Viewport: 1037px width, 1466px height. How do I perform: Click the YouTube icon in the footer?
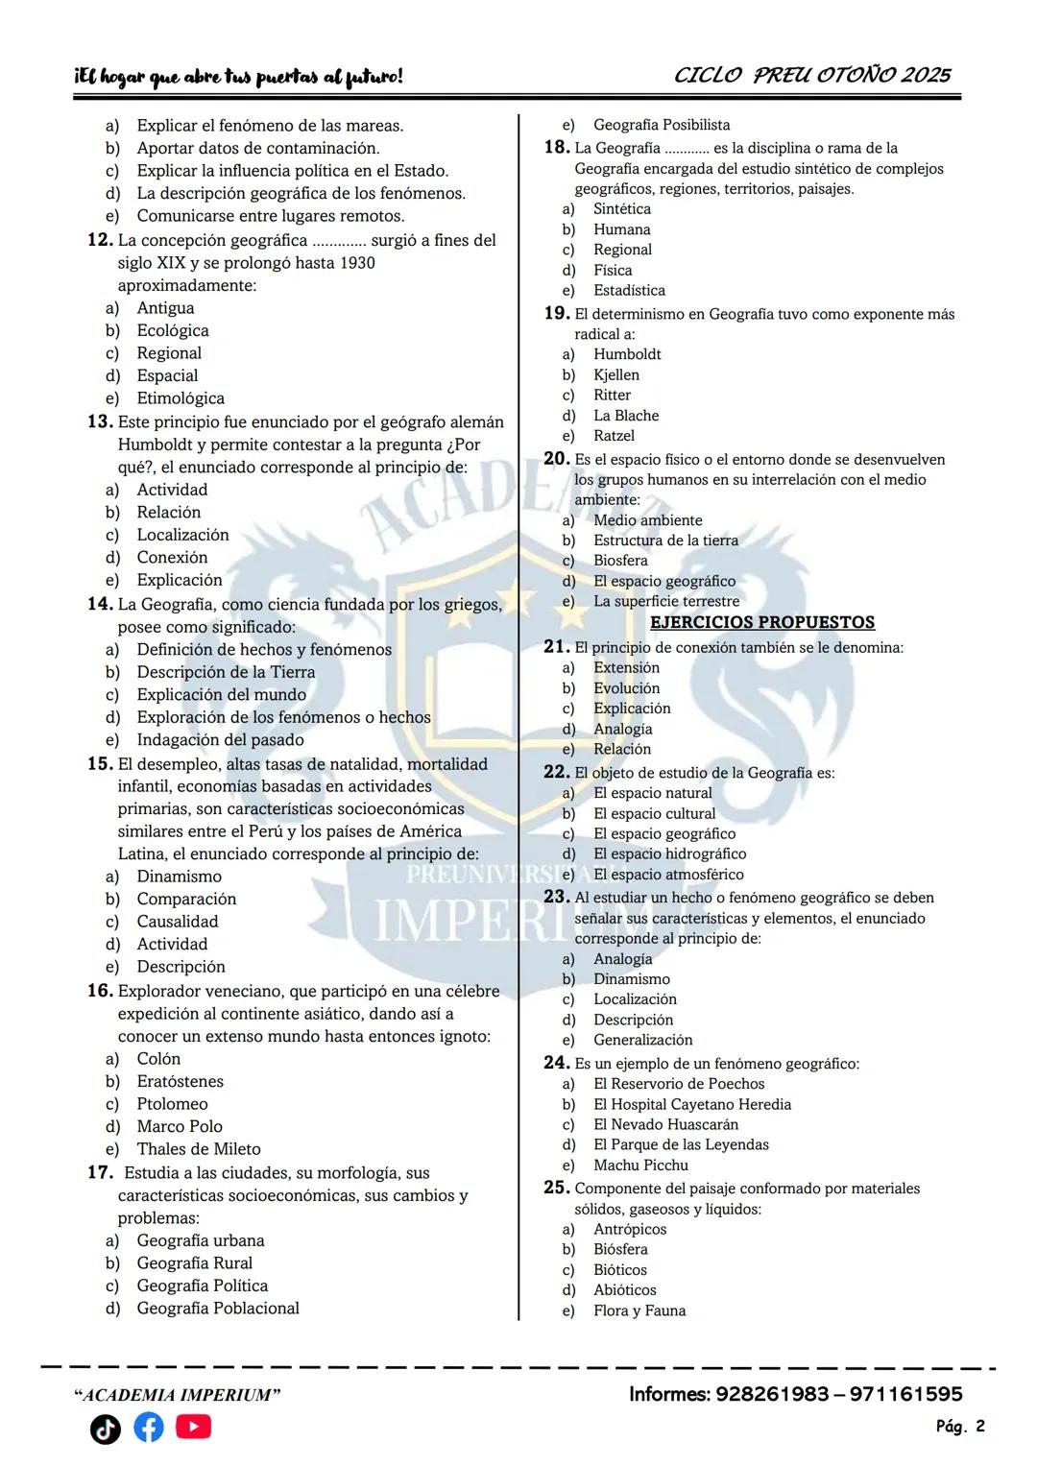tap(193, 1428)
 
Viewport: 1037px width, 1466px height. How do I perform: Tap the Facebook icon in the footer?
tap(148, 1428)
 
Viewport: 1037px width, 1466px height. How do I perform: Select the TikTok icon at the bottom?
tap(106, 1430)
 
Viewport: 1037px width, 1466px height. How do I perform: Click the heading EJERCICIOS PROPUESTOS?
tap(762, 622)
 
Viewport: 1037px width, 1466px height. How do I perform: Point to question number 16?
tap(100, 991)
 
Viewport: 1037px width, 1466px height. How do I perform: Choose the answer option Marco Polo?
tap(180, 1126)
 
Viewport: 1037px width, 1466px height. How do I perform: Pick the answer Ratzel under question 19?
tap(614, 436)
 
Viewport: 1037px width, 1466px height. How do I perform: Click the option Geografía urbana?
tap(201, 1240)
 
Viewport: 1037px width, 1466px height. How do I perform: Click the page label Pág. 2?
tap(960, 1427)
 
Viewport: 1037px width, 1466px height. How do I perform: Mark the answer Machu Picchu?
tap(640, 1165)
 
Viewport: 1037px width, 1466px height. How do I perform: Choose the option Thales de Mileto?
tap(199, 1149)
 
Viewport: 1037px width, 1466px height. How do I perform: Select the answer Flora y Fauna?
tap(639, 1310)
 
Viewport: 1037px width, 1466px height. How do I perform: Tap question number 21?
tap(556, 647)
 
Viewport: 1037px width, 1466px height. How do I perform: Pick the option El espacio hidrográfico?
tap(669, 853)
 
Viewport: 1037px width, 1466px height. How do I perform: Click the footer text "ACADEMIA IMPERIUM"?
tap(178, 1395)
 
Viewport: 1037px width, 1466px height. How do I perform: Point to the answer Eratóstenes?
tap(180, 1081)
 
